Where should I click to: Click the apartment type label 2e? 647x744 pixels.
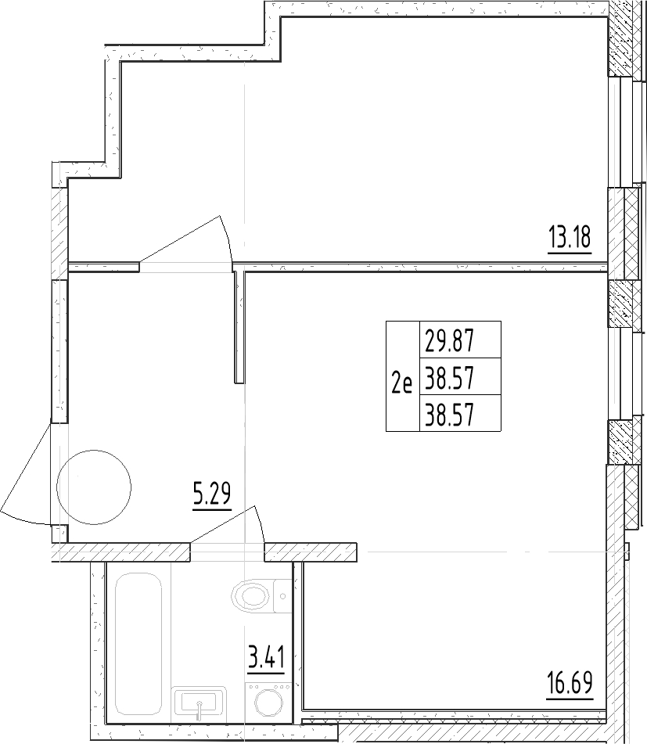[401, 383]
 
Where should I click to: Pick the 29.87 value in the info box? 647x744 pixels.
[450, 342]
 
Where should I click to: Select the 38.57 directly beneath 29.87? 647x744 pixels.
[450, 379]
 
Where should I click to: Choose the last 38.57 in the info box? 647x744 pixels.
[450, 414]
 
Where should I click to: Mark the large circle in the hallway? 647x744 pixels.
[94, 487]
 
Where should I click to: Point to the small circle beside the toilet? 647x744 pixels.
[281, 596]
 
